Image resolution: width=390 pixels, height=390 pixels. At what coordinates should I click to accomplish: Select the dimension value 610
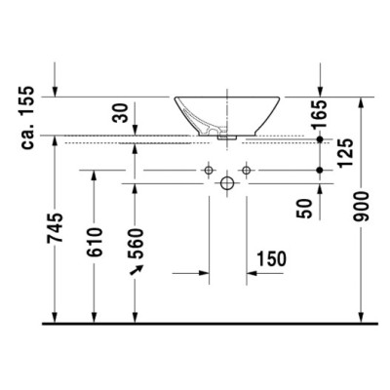tap(96, 240)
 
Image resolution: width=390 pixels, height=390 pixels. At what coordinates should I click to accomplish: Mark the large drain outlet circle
tap(226, 182)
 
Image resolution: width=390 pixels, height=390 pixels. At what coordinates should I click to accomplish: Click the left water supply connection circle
tap(208, 172)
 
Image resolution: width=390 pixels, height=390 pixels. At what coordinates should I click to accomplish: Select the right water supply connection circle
tap(246, 172)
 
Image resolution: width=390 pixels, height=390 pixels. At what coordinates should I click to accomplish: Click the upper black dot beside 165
tap(321, 140)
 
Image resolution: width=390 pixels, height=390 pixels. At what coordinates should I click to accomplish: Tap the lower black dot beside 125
tap(321, 172)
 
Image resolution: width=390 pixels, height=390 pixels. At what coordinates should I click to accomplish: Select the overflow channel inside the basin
tap(207, 125)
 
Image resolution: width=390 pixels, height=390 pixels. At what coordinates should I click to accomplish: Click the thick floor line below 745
tap(195, 323)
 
